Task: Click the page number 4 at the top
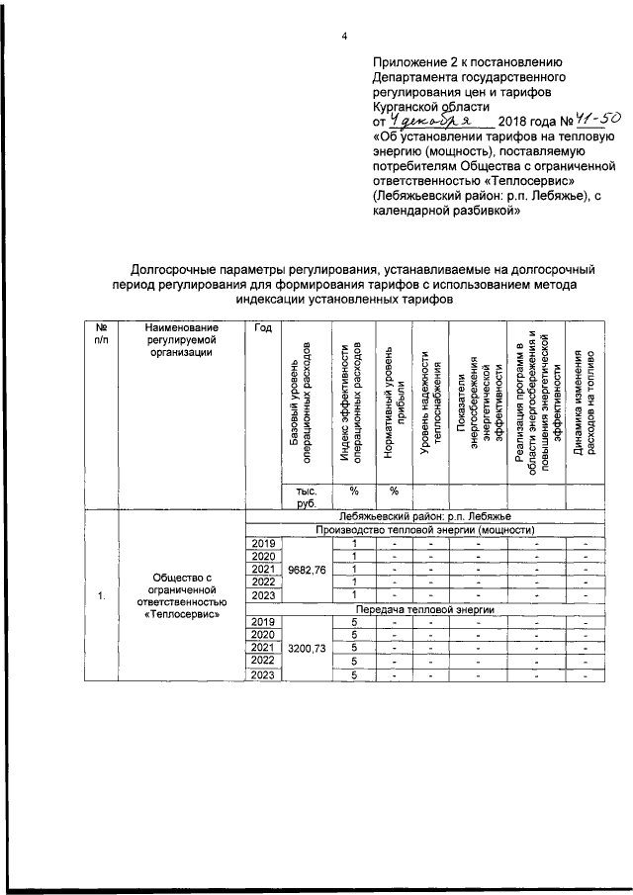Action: (343, 38)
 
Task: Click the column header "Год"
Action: (262, 327)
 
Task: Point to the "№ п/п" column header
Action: (101, 333)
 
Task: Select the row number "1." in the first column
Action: (101, 596)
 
